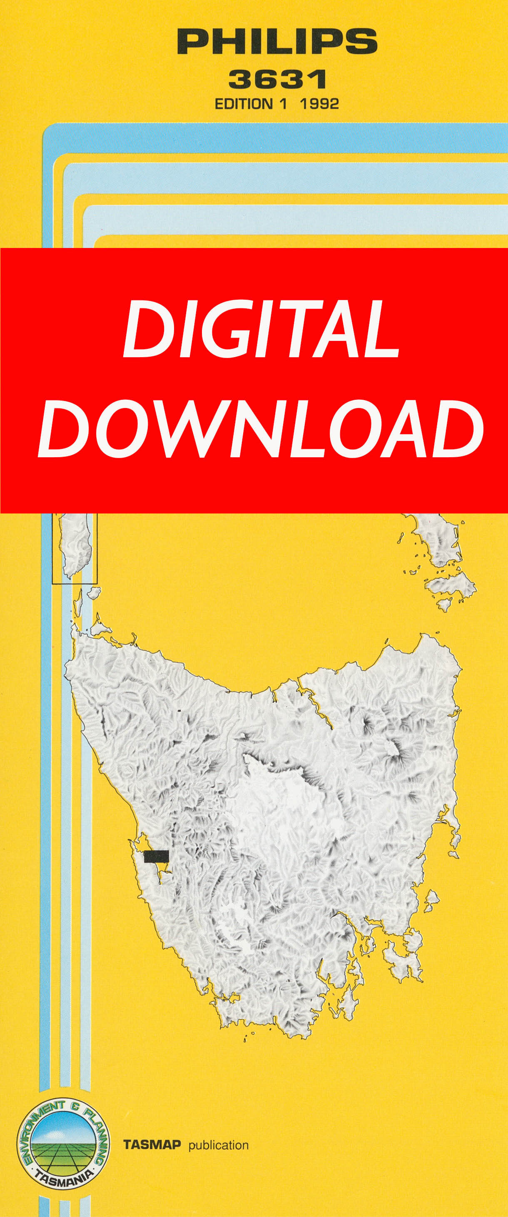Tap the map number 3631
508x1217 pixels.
click(x=277, y=79)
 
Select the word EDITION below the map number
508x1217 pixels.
click(x=244, y=104)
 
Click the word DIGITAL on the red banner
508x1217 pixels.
click(x=261, y=329)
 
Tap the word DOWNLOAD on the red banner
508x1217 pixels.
click(x=260, y=429)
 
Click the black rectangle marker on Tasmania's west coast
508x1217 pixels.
click(x=156, y=856)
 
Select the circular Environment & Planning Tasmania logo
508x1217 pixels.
click(x=63, y=1142)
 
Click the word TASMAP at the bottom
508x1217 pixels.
click(x=152, y=1145)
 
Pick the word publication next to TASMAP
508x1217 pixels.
click(x=218, y=1145)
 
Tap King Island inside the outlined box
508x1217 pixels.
click(x=75, y=546)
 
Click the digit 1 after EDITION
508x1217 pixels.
click(x=282, y=104)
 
